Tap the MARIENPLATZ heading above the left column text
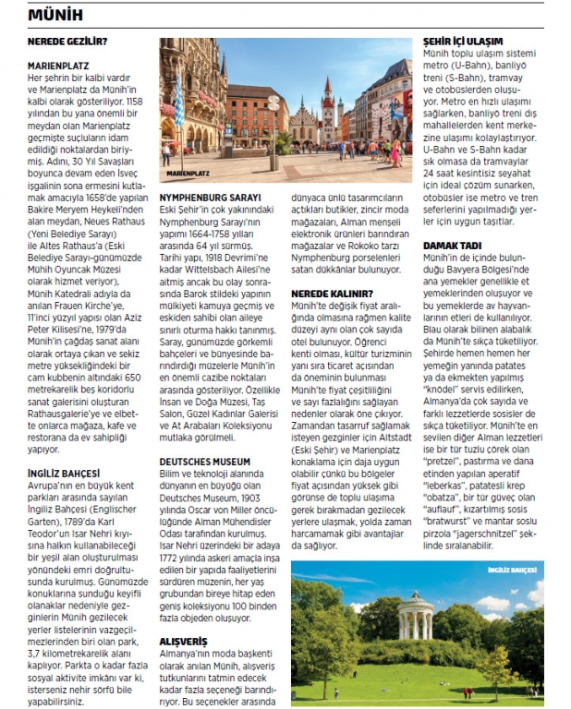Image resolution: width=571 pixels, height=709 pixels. pos(61,66)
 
